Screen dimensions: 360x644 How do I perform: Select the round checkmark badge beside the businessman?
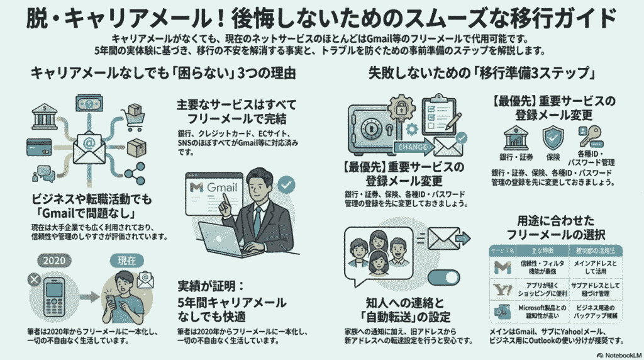(286, 184)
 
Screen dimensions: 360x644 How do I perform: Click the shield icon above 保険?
(553, 137)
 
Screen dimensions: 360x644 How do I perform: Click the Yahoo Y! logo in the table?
(502, 289)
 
